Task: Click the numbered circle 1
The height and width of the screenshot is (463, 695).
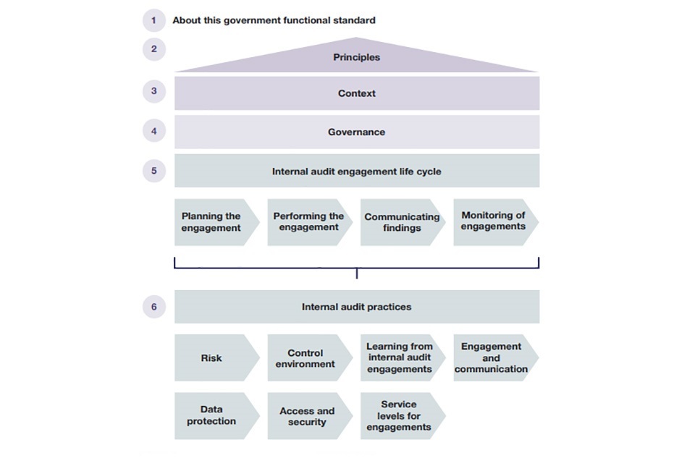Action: (x=153, y=20)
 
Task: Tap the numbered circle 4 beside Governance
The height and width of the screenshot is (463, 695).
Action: (x=153, y=132)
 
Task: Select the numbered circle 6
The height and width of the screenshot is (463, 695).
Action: (x=153, y=307)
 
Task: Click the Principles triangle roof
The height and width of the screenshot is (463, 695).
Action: (x=356, y=58)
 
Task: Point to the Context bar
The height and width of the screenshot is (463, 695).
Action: (x=356, y=93)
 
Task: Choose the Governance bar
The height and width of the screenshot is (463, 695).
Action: (x=356, y=132)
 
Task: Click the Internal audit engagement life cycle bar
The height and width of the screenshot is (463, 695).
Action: (x=356, y=171)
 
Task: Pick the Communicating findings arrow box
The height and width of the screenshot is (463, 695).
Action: (x=401, y=222)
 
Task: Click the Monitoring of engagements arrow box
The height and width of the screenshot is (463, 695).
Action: (x=494, y=222)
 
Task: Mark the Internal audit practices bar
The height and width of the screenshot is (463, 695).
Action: (x=356, y=307)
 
